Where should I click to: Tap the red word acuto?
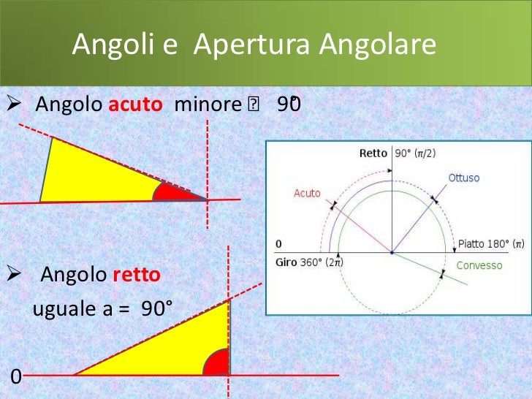tap(135, 105)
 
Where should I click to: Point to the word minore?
tap(208, 105)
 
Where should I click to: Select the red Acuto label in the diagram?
tap(307, 193)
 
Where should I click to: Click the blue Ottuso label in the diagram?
tap(464, 178)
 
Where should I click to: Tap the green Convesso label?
tap(479, 265)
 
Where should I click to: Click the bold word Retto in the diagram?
tap(374, 153)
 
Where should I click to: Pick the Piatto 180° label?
tap(490, 243)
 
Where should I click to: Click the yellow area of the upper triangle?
tap(95, 175)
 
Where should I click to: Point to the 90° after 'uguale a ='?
tap(157, 308)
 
